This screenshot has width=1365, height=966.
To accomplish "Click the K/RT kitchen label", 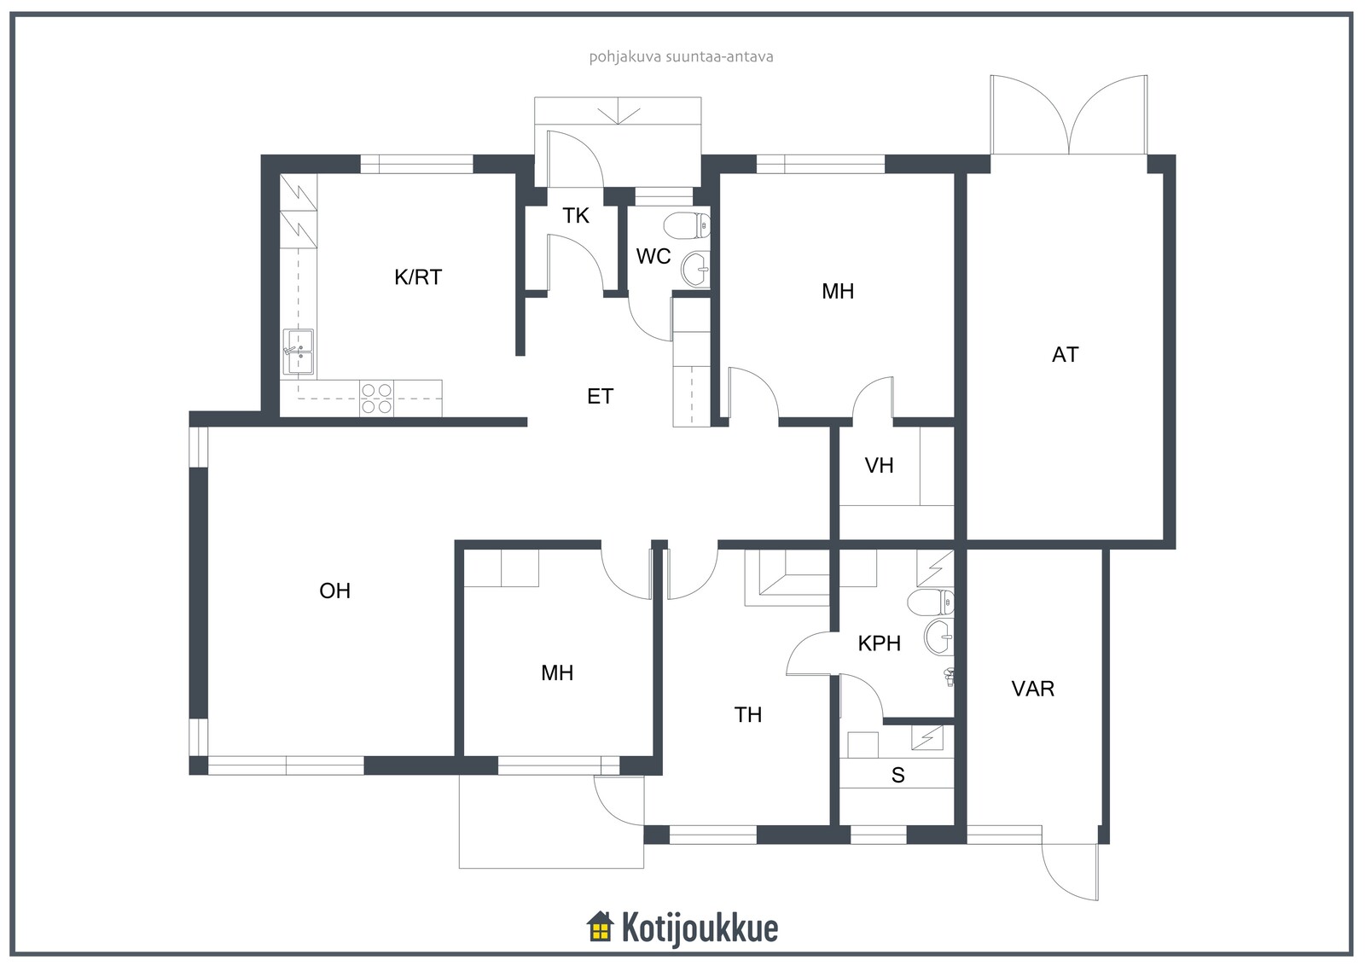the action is (417, 277).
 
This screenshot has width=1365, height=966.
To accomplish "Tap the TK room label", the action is (575, 216).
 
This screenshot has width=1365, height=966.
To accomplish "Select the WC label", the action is (653, 257).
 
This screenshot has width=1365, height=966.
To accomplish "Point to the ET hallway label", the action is (600, 397).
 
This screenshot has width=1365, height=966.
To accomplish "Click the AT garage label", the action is (1065, 355).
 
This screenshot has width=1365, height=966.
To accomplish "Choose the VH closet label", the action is (879, 466).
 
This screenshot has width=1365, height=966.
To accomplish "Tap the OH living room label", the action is (334, 591).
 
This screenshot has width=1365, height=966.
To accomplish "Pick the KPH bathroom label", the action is (879, 643).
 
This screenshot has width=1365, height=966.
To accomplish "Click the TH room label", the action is (747, 715).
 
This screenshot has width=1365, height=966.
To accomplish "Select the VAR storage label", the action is (1032, 690).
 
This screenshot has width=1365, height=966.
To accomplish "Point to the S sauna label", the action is (897, 775).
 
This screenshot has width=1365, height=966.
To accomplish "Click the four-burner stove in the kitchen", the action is (376, 399).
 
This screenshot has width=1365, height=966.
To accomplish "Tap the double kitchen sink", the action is (299, 352).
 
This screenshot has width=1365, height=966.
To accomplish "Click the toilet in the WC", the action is (687, 226).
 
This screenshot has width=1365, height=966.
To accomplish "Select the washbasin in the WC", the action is (696, 269).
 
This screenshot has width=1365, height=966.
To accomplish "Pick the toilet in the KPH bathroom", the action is (931, 602).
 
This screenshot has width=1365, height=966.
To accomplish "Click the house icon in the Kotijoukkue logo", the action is (600, 927).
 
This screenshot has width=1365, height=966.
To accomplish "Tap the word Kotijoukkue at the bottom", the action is (700, 928).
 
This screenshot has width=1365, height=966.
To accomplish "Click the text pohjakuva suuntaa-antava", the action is (681, 57).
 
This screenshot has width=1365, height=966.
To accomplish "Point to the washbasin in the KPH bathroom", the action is (939, 637).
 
